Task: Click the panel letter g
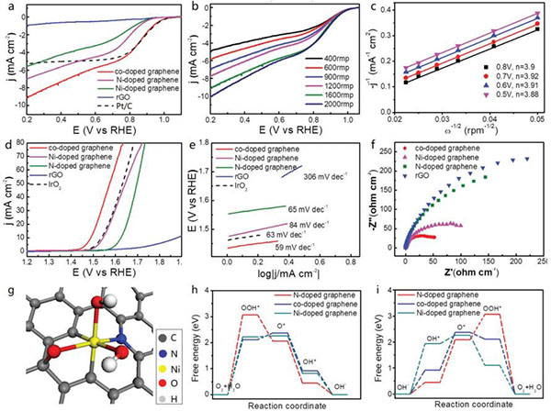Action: tap(7, 292)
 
